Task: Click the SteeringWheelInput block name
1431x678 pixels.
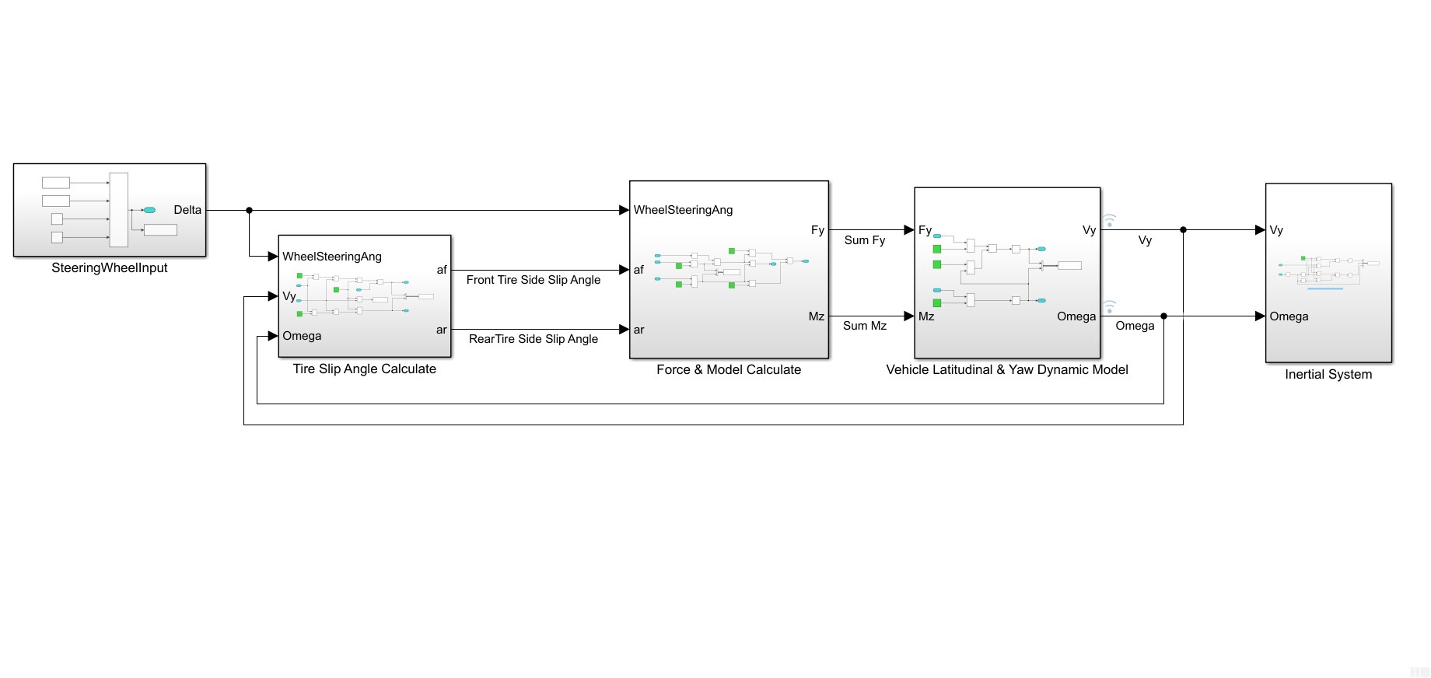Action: tap(110, 268)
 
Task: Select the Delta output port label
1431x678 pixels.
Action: tap(187, 210)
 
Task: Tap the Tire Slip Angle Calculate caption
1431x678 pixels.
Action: tap(364, 369)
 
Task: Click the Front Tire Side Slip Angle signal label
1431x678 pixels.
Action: tap(534, 280)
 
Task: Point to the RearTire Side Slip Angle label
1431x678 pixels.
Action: tap(534, 339)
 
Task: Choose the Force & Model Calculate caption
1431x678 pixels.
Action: tap(729, 370)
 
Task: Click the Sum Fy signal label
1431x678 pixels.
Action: tap(865, 240)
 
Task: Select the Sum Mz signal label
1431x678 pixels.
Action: tap(865, 326)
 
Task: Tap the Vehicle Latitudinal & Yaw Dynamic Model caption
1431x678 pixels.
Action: tap(1007, 370)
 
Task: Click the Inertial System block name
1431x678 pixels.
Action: tap(1328, 375)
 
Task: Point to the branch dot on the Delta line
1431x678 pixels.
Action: tap(250, 210)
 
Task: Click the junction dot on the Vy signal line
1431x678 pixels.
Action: tap(1183, 230)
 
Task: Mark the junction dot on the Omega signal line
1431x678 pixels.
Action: tap(1163, 316)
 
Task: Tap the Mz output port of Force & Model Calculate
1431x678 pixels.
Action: tap(817, 316)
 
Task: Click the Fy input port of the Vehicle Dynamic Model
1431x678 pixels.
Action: tap(925, 230)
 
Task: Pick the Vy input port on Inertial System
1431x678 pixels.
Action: tap(1276, 230)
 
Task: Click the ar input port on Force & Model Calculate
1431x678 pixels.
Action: tap(639, 330)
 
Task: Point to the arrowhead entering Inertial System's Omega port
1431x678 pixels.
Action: tap(1260, 316)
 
